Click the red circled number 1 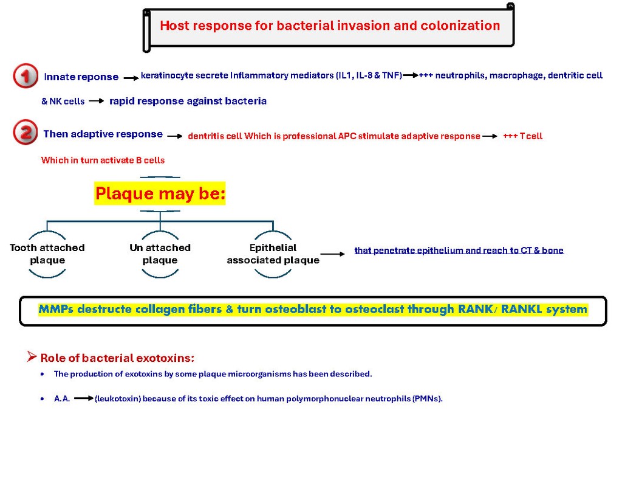click(x=26, y=75)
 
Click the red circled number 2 click(x=26, y=133)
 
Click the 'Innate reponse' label click(x=81, y=77)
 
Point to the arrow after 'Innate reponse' click(x=131, y=78)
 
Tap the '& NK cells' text click(x=63, y=102)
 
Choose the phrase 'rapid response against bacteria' click(x=188, y=101)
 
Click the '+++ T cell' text click(x=523, y=136)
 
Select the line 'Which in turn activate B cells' click(x=103, y=160)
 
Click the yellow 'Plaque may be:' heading click(x=160, y=193)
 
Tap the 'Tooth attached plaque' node click(x=47, y=254)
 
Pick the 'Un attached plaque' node click(x=160, y=254)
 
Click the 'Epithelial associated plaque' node click(x=273, y=254)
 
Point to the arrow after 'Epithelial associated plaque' click(x=332, y=254)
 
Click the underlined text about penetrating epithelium click(x=459, y=251)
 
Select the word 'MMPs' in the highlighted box click(x=56, y=309)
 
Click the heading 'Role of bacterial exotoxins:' click(x=117, y=358)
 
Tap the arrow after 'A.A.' click(x=84, y=398)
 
